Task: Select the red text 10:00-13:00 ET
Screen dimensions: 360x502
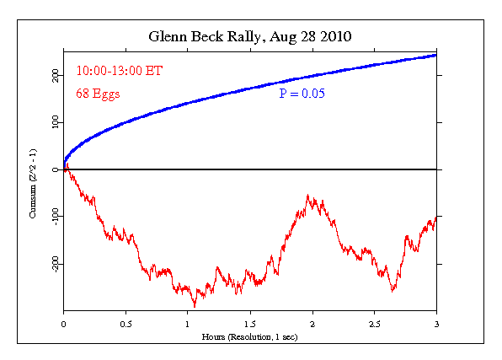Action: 119,71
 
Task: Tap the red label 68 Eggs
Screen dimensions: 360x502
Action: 98,94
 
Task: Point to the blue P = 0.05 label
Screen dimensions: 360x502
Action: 302,94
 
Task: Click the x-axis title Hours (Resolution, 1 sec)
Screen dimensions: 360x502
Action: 250,336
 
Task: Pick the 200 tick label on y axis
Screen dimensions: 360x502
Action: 54,75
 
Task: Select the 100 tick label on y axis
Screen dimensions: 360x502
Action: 54,122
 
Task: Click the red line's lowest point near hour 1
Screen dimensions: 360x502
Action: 195,306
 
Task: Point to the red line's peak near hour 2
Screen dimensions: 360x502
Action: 308,196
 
